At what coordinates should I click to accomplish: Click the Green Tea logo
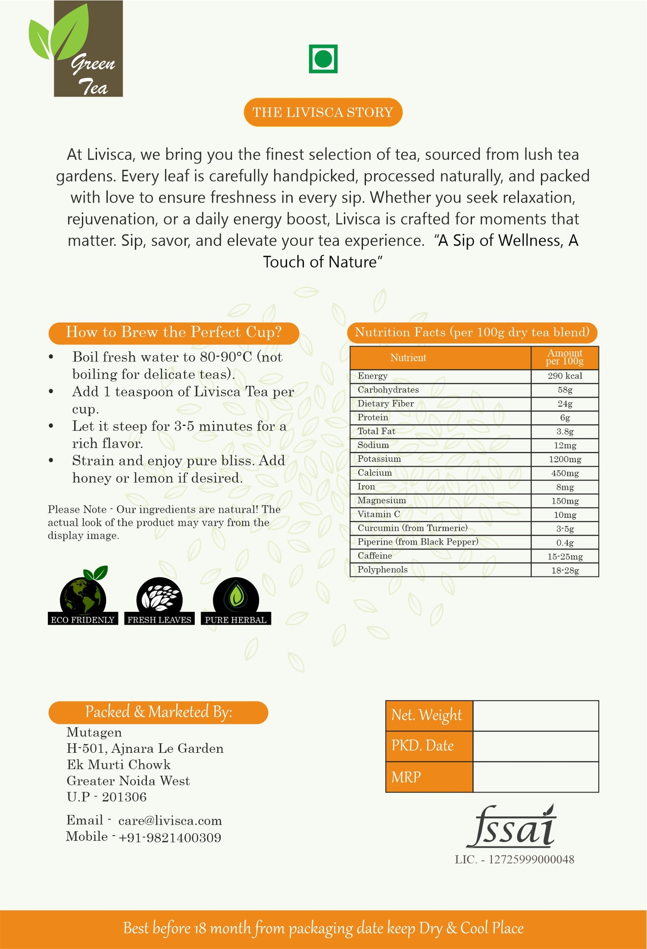tap(76, 49)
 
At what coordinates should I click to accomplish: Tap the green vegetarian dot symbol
tap(323, 59)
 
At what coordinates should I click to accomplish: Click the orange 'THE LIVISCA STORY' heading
tap(323, 112)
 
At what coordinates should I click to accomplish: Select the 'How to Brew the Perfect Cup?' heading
tap(174, 333)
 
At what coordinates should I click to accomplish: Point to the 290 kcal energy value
tap(565, 376)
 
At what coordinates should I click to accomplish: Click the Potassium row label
tap(379, 459)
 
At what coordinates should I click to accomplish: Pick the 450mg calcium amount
tap(565, 473)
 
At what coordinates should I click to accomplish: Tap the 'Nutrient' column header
tap(408, 358)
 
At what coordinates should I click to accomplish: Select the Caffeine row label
tap(375, 556)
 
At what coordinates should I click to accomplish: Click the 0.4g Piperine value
tap(565, 543)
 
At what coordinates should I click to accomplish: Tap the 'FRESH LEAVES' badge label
tap(159, 620)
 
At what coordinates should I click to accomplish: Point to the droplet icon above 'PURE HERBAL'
tap(236, 596)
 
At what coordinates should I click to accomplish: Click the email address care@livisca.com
tap(170, 821)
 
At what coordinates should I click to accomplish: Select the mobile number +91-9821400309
tap(170, 838)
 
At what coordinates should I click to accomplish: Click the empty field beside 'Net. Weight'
tap(536, 716)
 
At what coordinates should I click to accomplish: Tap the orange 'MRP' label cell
tap(429, 777)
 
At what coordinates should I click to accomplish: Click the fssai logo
tap(511, 827)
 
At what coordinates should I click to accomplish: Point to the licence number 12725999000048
tap(531, 859)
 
